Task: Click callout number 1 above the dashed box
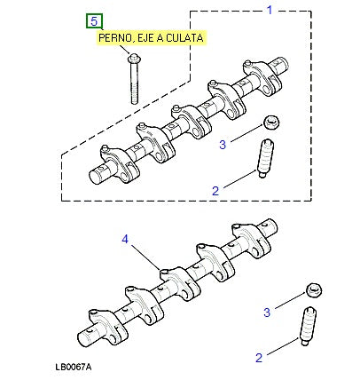[x=270, y=10]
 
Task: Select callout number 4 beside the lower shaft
[x=125, y=239]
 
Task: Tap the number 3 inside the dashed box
[x=223, y=143]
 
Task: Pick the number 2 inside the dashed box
[x=215, y=189]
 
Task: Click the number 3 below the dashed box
[x=267, y=312]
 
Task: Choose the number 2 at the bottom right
[x=259, y=357]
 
